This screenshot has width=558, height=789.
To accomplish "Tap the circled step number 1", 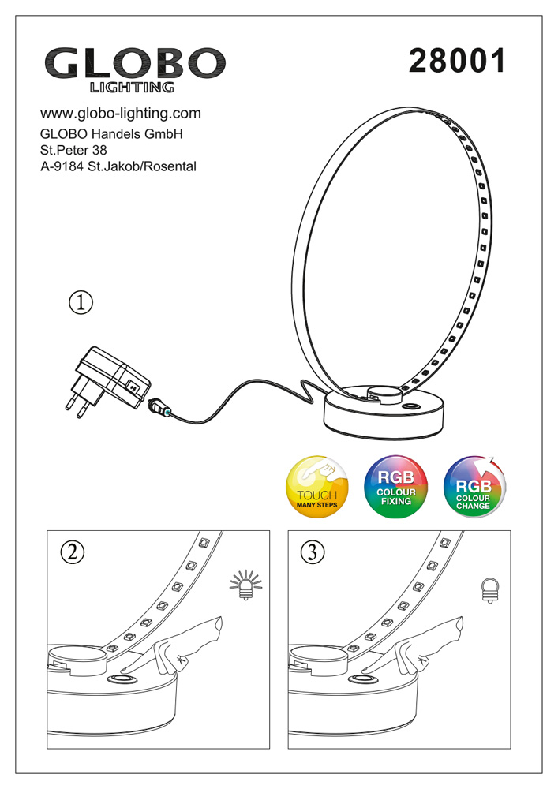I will pos(81,301).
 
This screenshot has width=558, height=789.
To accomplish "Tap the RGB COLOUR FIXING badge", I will pos(395,485).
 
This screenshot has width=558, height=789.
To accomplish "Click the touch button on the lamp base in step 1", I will pos(411,407).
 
